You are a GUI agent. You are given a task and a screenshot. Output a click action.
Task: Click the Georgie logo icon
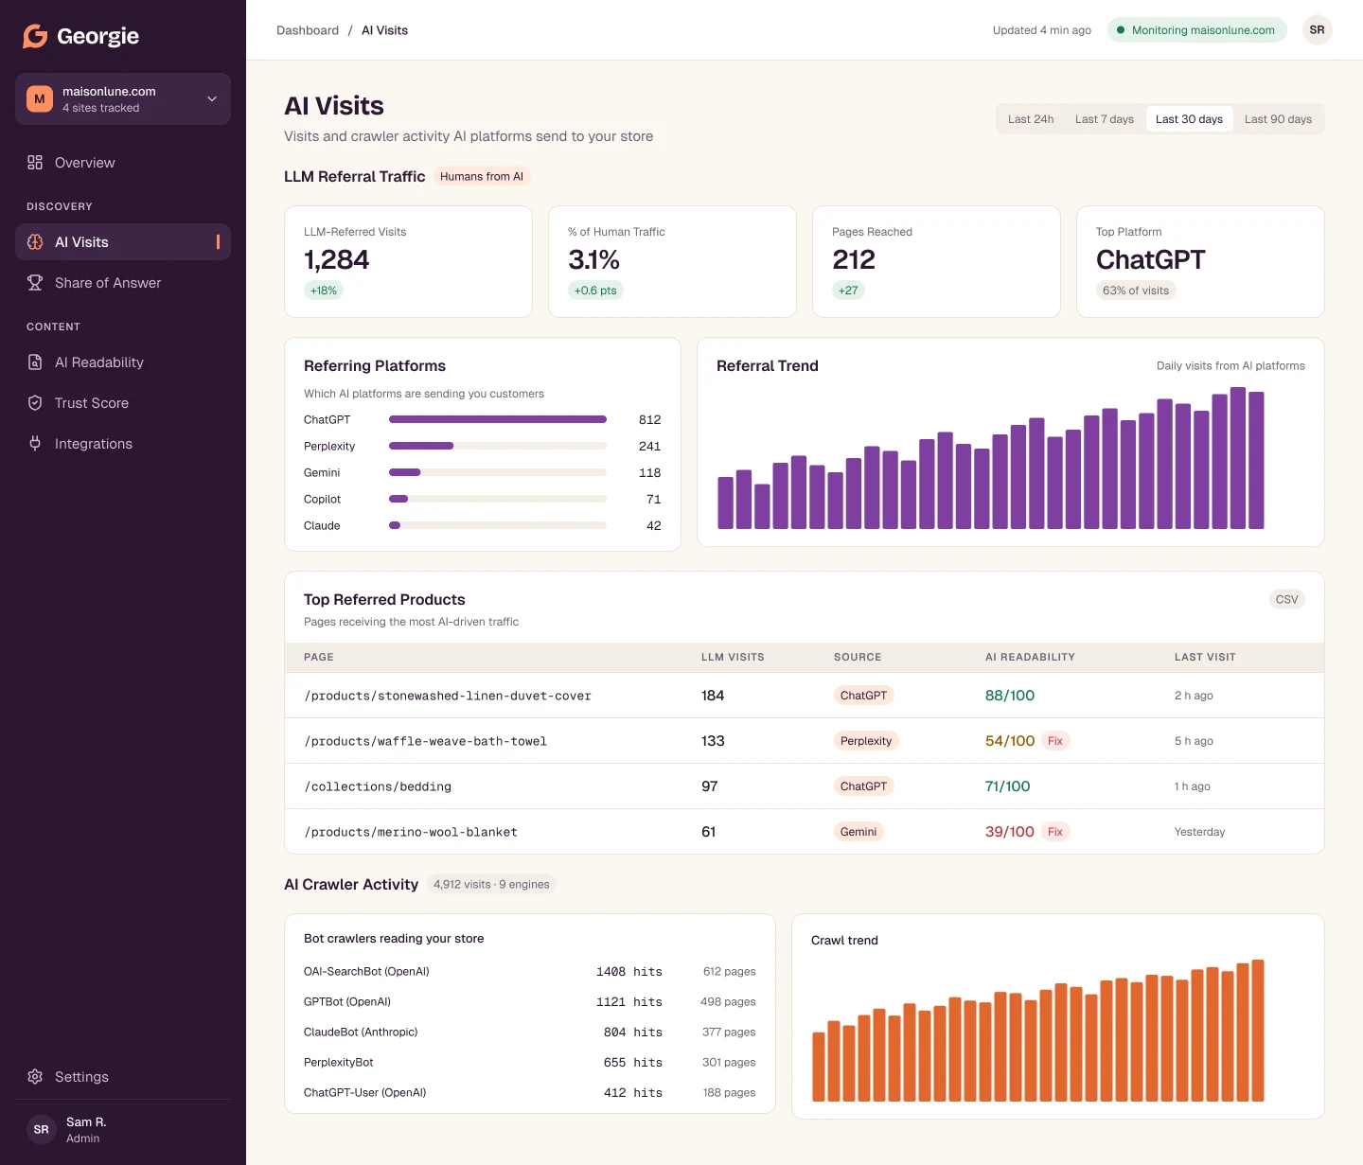point(36,36)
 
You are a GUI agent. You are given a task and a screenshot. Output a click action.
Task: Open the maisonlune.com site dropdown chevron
point(212,98)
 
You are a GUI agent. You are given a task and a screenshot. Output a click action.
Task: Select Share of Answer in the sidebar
point(108,283)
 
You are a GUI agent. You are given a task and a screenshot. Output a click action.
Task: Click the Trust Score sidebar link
point(92,403)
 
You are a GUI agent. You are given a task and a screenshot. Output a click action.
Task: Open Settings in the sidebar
point(81,1077)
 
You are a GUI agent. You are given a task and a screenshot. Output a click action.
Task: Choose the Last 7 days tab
point(1104,119)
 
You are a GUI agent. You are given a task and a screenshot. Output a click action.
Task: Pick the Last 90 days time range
point(1277,119)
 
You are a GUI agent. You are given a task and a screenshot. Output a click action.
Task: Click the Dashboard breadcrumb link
point(308,30)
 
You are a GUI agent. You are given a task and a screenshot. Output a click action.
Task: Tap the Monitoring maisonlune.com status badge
point(1196,30)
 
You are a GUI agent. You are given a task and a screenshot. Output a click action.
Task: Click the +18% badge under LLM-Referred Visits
point(323,291)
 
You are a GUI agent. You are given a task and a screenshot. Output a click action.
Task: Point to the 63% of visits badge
point(1135,291)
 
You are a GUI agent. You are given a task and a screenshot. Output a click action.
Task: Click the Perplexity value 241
point(649,447)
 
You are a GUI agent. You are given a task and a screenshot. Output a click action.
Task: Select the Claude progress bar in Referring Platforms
point(497,525)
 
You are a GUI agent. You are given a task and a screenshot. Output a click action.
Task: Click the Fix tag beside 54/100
point(1054,741)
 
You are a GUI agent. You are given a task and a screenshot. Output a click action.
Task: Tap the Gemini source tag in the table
point(858,832)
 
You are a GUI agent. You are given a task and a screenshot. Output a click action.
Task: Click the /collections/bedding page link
point(377,786)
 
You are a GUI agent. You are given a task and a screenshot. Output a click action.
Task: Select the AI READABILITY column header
point(1029,658)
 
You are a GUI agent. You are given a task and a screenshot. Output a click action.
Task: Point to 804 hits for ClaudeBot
point(632,1033)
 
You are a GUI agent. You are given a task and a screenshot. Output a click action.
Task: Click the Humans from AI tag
point(482,177)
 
